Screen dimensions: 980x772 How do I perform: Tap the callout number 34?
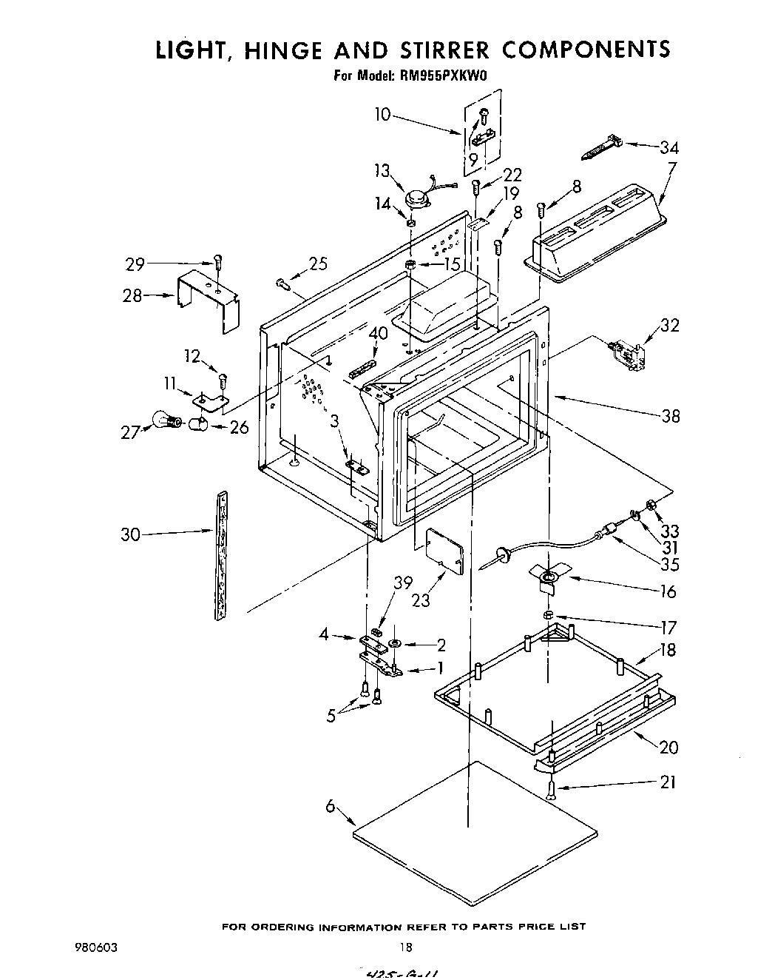[668, 147]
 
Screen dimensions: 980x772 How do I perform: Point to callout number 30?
[130, 534]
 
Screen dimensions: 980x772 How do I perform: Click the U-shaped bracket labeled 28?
[209, 298]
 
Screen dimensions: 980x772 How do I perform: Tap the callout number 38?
[670, 416]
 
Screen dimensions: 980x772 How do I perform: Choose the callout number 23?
[421, 600]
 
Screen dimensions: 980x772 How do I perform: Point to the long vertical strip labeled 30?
[220, 555]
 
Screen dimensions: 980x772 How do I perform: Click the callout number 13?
[382, 172]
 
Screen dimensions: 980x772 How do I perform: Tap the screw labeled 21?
[552, 791]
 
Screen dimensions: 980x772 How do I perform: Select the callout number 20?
[668, 747]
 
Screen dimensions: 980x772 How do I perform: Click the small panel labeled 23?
[441, 551]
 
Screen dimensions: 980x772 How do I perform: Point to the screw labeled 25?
[284, 282]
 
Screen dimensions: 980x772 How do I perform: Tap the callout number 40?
[378, 334]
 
